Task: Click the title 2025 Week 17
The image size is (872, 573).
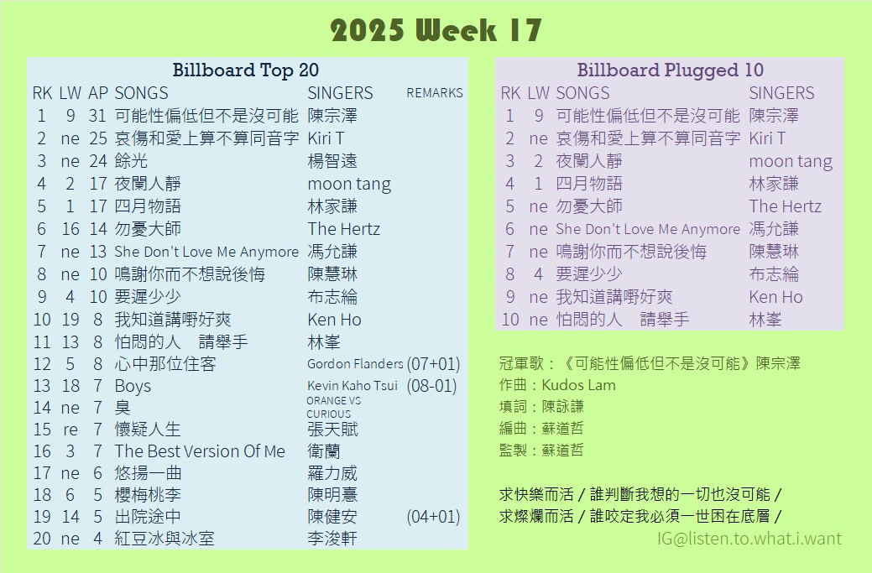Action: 436,30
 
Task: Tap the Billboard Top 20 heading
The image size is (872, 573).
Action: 245,70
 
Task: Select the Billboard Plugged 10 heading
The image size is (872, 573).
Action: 670,70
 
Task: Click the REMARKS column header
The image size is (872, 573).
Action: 435,93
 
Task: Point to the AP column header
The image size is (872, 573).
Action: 98,93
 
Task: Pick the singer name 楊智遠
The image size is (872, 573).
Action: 332,161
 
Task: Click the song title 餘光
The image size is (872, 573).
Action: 131,161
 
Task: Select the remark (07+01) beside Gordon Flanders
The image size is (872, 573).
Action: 433,364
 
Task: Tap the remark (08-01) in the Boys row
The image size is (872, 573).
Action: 431,386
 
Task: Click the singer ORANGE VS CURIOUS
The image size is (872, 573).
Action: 334,408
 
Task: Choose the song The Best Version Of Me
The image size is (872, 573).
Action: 200,451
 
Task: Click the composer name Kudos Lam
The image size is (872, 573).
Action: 578,385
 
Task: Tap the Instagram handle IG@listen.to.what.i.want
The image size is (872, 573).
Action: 749,538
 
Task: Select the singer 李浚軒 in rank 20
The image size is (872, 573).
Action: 332,539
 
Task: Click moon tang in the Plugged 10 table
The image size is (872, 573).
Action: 791,162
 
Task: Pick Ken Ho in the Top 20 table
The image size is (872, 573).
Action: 334,320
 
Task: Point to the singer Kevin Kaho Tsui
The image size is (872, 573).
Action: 352,386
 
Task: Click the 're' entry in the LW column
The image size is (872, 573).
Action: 70,430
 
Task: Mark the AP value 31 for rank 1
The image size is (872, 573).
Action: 97,116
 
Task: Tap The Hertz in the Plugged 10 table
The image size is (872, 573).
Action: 785,206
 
